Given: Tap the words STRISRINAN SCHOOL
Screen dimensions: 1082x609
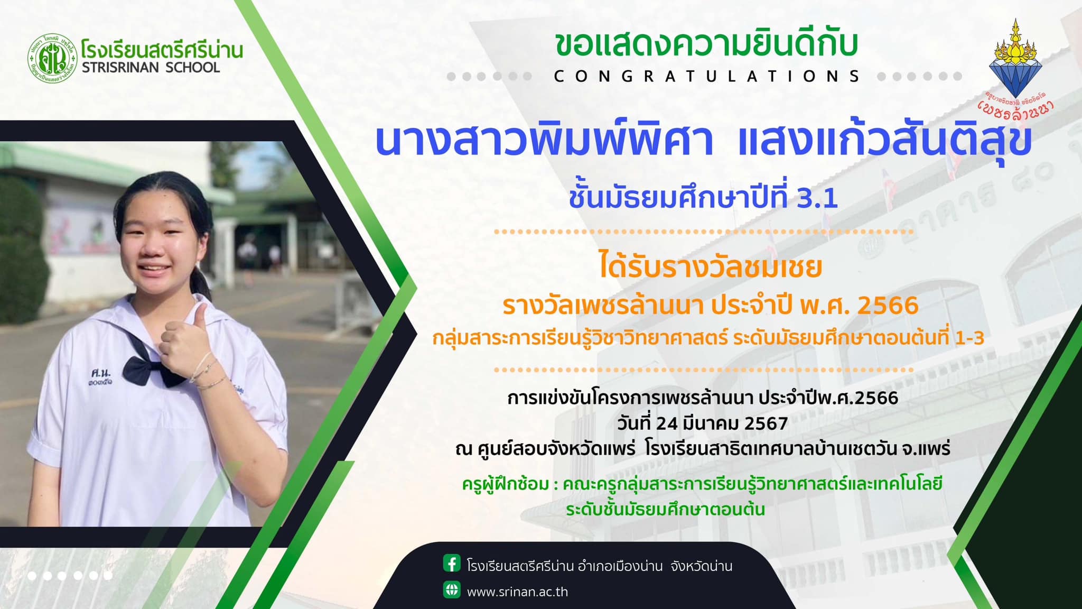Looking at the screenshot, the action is pyautogui.click(x=151, y=68).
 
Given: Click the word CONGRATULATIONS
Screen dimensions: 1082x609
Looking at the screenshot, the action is pyautogui.click(x=707, y=77).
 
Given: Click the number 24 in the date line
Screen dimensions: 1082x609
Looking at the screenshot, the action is pyautogui.click(x=667, y=423).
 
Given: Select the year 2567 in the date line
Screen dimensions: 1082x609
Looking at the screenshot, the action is pyautogui.click(x=766, y=423).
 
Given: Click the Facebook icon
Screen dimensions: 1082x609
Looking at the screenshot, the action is pyautogui.click(x=452, y=564).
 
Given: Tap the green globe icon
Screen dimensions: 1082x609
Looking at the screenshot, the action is pyautogui.click(x=452, y=589).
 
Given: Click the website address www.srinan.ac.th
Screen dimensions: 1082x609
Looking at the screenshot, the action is pyautogui.click(x=517, y=592).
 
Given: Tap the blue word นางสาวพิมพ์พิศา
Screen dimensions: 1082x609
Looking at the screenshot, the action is pyautogui.click(x=544, y=140).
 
